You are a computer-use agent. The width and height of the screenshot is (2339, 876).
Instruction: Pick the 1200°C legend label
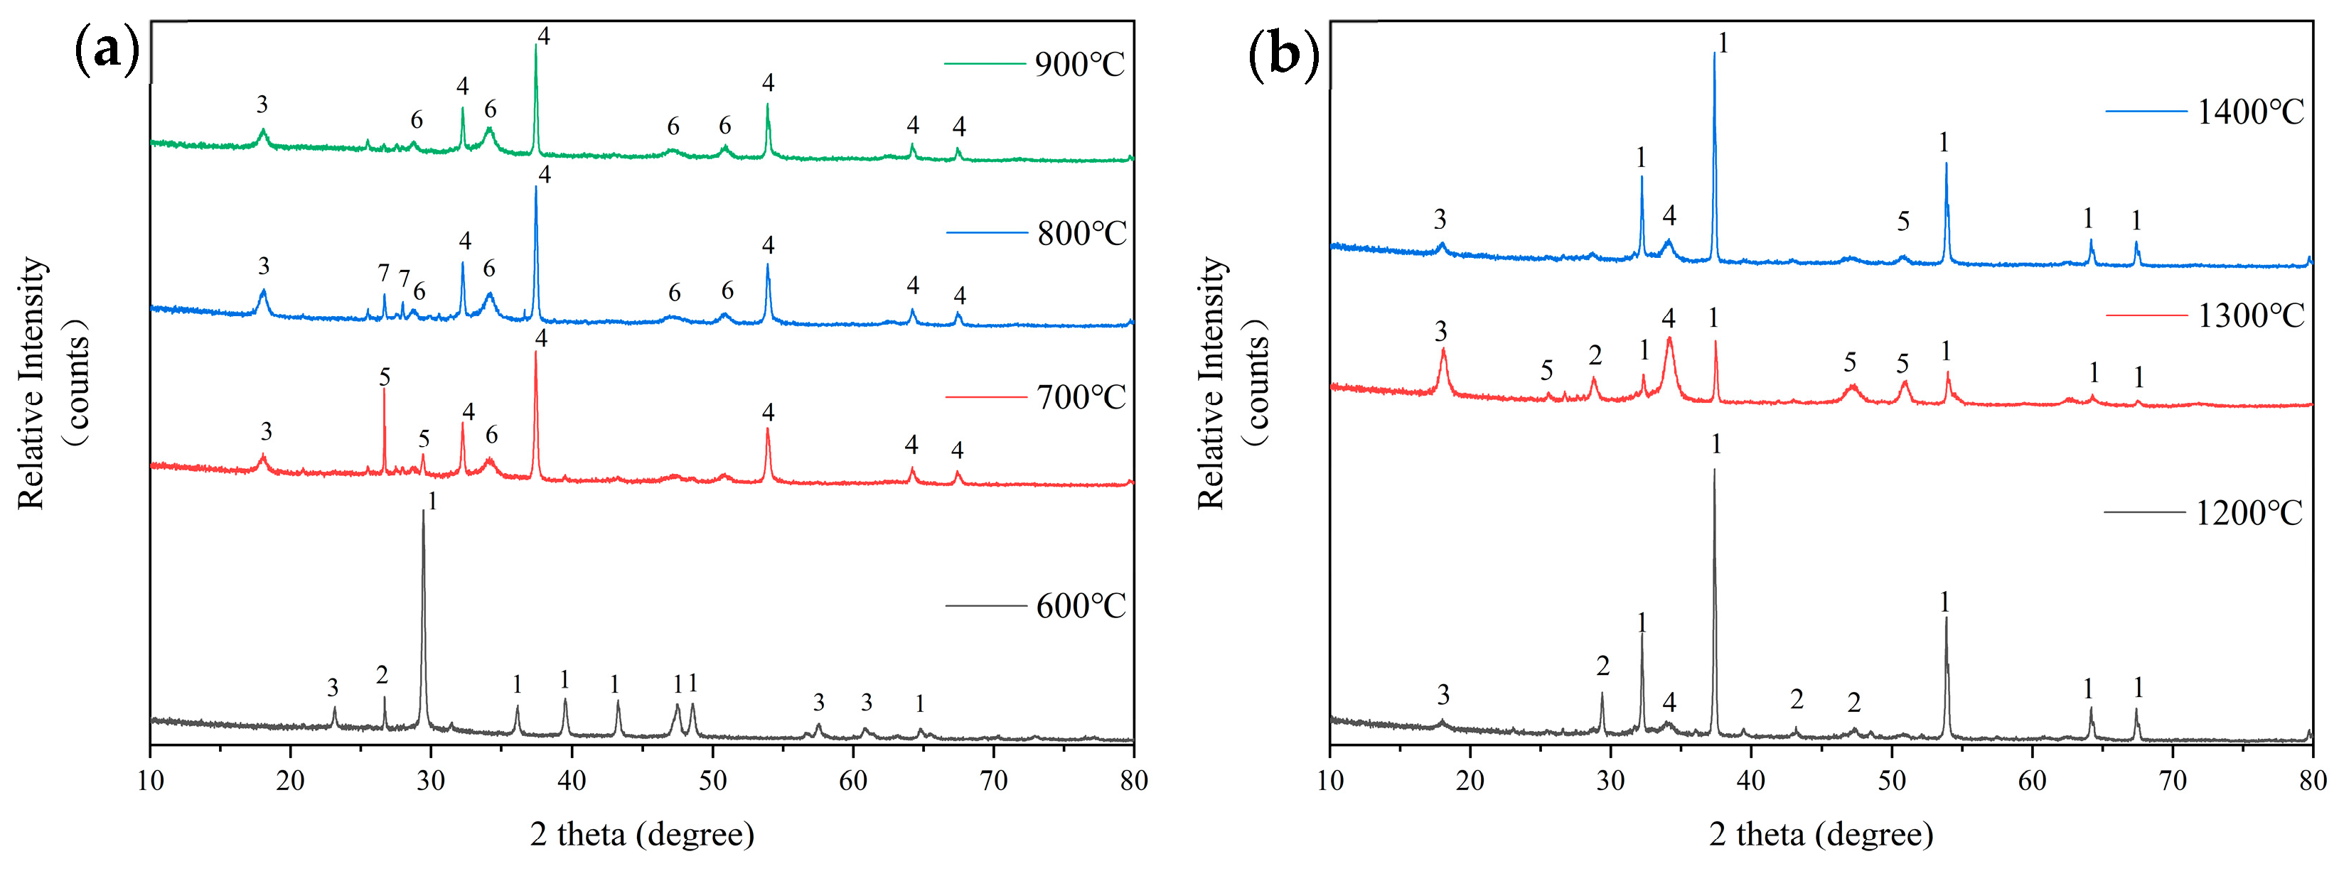pyautogui.click(x=2248, y=514)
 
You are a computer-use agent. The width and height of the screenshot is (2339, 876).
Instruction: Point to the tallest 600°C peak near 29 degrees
pyautogui.click(x=423, y=514)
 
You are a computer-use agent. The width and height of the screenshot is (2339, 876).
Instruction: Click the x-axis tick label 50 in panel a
pyautogui.click(x=713, y=781)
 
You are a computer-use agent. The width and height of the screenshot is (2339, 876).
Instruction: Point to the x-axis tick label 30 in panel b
pyautogui.click(x=1610, y=781)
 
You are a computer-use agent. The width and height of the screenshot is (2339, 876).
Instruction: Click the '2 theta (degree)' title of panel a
pyautogui.click(x=642, y=833)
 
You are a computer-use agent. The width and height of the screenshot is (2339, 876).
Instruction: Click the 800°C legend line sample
pyautogui.click(x=986, y=233)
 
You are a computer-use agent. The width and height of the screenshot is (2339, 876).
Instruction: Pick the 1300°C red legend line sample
pyautogui.click(x=2146, y=315)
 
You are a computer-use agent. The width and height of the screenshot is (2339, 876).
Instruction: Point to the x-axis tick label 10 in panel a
pyautogui.click(x=150, y=781)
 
